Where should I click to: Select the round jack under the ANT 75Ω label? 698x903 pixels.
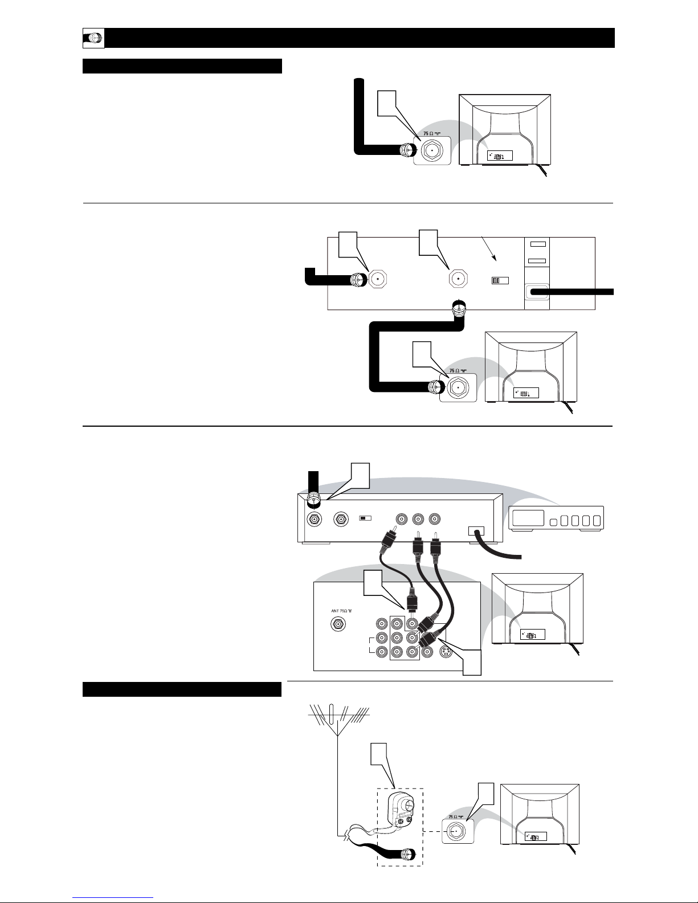click(x=341, y=625)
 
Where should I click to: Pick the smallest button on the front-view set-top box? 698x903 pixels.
click(x=553, y=522)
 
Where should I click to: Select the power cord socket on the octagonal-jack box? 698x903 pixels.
click(x=536, y=292)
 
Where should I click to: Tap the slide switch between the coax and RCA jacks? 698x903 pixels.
click(x=365, y=518)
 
